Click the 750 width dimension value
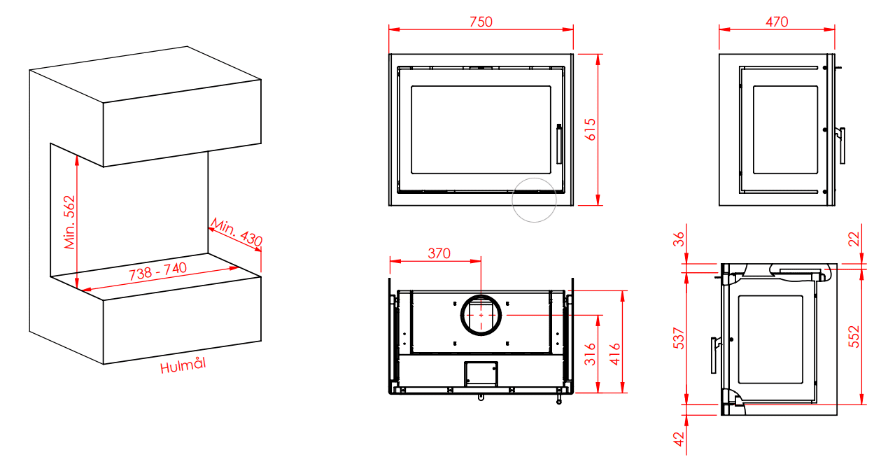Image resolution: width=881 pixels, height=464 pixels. [x=481, y=22]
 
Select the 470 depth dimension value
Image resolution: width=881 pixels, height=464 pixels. [x=777, y=22]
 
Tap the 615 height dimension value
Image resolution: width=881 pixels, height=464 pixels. [x=591, y=129]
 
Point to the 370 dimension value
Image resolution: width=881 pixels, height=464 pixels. [x=439, y=253]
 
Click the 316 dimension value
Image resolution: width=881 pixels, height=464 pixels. [x=590, y=354]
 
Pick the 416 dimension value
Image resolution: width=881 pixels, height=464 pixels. [x=614, y=354]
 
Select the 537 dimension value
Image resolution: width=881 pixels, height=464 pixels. [x=679, y=338]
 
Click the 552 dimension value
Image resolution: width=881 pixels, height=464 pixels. [x=854, y=337]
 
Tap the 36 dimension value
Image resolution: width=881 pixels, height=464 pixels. [x=679, y=239]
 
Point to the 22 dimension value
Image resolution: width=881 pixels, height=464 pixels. [x=854, y=239]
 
